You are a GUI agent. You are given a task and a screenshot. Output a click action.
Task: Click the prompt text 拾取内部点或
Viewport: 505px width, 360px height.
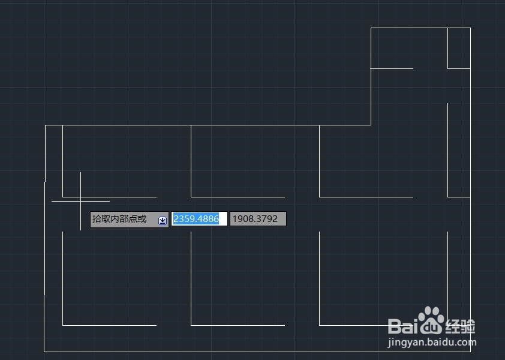coord(119,219)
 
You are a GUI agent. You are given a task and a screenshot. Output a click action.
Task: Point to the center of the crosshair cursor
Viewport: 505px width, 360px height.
coord(80,201)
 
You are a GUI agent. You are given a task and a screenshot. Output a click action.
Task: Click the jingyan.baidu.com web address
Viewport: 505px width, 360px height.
coord(432,343)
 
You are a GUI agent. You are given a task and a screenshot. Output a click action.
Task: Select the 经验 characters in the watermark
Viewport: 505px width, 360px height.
coord(461,326)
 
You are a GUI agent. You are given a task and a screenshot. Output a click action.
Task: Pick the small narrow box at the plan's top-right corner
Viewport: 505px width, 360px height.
coord(459,48)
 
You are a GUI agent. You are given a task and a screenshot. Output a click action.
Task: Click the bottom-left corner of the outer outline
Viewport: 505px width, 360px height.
coord(44,351)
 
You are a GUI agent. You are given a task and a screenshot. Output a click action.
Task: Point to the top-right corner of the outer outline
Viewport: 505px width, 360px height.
coord(470,28)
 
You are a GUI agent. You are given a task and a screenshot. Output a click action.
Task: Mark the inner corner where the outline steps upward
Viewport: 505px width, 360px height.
coord(371,125)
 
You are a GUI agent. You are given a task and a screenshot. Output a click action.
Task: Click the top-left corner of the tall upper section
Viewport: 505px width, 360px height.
coord(371,28)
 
